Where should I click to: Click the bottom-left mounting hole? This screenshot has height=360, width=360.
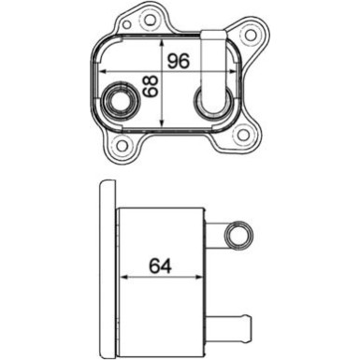coord(120,146)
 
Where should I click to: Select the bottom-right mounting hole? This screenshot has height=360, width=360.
coord(245,136)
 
